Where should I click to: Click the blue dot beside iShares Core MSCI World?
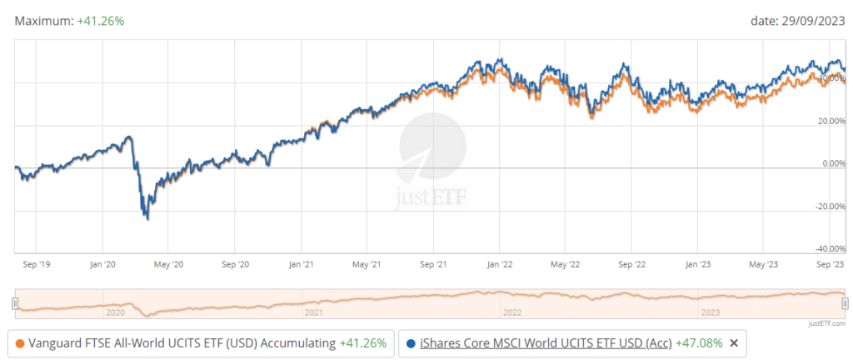(x=412, y=342)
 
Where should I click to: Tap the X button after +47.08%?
(x=734, y=342)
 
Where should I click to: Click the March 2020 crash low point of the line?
(x=147, y=219)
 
